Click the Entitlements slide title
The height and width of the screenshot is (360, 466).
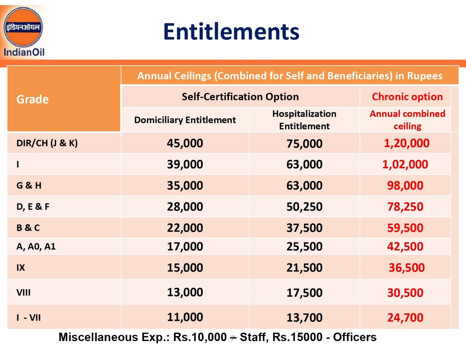click(231, 31)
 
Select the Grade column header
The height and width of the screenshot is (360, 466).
click(32, 99)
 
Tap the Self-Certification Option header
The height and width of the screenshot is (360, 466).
click(240, 97)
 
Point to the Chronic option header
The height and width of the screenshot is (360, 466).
click(407, 97)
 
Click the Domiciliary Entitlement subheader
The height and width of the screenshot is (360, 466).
click(185, 120)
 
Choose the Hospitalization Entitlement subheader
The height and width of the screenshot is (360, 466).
click(304, 120)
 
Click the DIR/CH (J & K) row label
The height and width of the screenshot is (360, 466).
click(47, 143)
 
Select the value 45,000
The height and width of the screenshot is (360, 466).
click(185, 143)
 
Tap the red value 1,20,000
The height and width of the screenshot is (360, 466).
click(406, 143)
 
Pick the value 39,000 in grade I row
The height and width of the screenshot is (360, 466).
click(185, 164)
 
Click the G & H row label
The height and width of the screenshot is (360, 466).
click(29, 186)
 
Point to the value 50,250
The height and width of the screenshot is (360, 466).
click(304, 207)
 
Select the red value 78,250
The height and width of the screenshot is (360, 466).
click(405, 207)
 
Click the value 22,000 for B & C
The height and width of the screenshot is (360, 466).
click(185, 228)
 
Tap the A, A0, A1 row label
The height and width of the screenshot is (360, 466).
click(36, 246)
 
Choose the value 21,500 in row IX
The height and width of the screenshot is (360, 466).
click(304, 268)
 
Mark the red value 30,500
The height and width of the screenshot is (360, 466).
click(405, 293)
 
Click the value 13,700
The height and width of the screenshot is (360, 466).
click(304, 318)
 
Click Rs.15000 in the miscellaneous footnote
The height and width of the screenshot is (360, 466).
click(297, 337)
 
